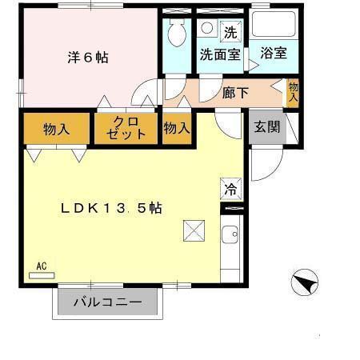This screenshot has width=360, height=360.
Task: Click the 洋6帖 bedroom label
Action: click(87, 58)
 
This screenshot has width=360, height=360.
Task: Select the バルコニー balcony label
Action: click(108, 303)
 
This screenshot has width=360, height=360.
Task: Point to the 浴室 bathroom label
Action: click(274, 54)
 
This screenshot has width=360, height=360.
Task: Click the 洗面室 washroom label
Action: click(219, 54)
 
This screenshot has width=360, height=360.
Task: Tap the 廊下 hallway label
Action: click(235, 92)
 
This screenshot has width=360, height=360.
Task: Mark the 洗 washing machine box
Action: click(230, 33)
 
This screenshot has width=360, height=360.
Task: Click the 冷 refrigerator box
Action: click(230, 190)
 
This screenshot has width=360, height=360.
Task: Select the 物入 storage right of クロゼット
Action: click(177, 127)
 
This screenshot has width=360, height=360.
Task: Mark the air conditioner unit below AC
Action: click(42, 274)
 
